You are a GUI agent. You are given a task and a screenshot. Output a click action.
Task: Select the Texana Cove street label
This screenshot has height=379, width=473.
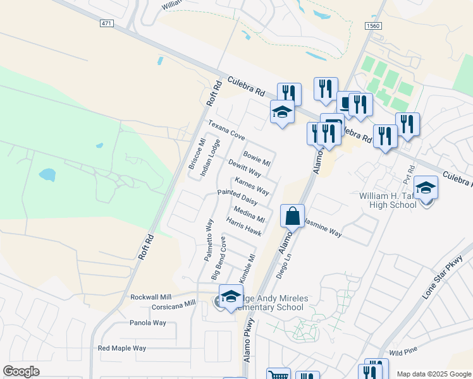pyautogui.click(x=226, y=130)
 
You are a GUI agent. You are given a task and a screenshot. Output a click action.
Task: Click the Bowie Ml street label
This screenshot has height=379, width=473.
pyautogui.click(x=257, y=159)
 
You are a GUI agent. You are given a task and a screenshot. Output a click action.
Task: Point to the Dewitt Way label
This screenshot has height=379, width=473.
pyautogui.click(x=245, y=169)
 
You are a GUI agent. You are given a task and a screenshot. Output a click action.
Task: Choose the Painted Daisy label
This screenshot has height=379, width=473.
pyautogui.click(x=237, y=197)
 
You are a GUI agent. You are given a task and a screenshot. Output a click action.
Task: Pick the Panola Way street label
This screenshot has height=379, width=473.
pyautogui.click(x=148, y=323)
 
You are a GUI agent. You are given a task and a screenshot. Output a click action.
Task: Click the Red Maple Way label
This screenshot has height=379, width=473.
pyautogui.click(x=122, y=348)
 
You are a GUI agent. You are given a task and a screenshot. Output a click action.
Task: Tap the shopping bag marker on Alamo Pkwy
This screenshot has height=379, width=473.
pyautogui.click(x=293, y=217)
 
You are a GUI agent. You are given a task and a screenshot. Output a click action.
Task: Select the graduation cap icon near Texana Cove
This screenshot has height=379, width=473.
pyautogui.click(x=282, y=112)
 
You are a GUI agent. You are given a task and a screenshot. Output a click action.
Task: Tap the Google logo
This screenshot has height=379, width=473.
pyautogui.click(x=21, y=371)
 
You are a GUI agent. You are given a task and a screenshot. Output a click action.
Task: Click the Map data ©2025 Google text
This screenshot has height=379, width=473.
pyautogui.click(x=434, y=374)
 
